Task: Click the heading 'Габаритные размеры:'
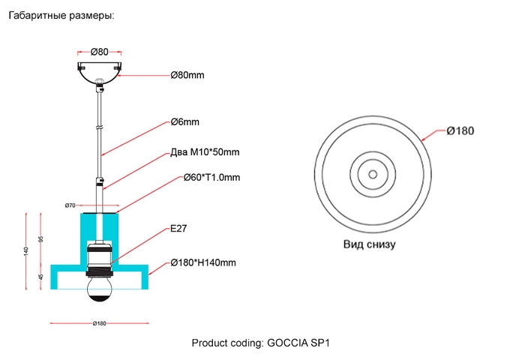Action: pos(61,15)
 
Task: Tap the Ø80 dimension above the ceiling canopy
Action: pos(100,52)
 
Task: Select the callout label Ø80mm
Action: pos(187,75)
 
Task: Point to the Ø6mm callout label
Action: pos(185,122)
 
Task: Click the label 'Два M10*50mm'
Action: pos(205,151)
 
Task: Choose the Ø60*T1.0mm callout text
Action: pos(211,177)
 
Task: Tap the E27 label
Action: pos(178,229)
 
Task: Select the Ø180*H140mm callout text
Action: pos(203,262)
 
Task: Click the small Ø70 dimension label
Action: pos(70,205)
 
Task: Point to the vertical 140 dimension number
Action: pos(26,251)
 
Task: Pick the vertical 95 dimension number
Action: pos(41,239)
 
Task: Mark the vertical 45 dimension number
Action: pos(41,277)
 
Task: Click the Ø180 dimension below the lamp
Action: pos(100,323)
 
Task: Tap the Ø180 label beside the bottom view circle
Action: pos(460,130)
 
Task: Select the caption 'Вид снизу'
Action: pos(370,244)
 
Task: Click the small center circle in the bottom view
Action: pos(373,174)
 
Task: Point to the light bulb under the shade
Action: pos(99,289)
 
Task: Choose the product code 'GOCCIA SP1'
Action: pos(298,343)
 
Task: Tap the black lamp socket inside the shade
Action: pos(99,260)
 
